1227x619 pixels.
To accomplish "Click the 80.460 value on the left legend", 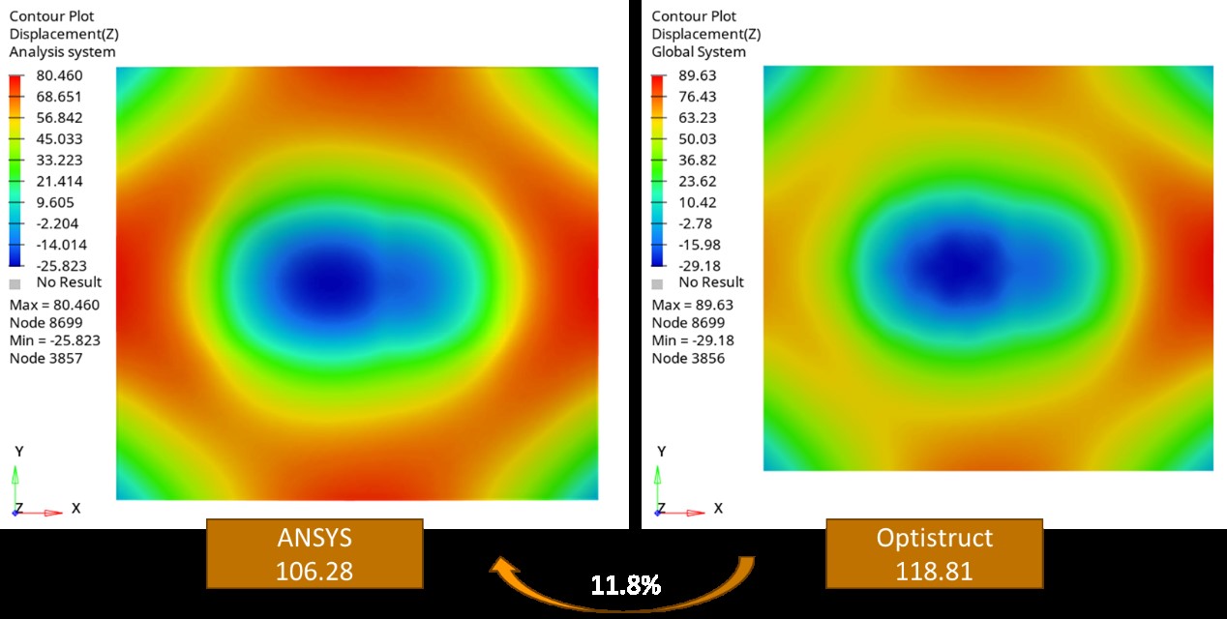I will tap(60, 75).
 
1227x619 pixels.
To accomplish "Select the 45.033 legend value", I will tap(60, 138).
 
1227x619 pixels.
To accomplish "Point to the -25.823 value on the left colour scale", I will tap(60, 265).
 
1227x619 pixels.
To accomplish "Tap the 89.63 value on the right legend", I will tap(698, 75).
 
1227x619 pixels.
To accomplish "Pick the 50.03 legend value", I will tap(698, 138).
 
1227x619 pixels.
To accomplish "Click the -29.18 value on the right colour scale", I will tap(698, 265).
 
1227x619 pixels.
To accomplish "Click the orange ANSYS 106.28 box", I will tap(314, 553).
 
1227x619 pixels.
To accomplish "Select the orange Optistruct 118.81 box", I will tap(934, 553).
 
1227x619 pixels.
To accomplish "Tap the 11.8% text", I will tap(626, 585).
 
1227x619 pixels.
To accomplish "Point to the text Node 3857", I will tap(45, 358).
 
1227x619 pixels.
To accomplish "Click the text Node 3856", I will tap(688, 358).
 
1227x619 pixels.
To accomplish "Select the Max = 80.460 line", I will tap(54, 306).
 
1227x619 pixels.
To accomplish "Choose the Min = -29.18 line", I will tap(693, 340).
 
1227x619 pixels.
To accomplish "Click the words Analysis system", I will tap(62, 52).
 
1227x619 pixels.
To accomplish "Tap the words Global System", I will tap(699, 52).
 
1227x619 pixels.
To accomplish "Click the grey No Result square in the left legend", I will tap(15, 283).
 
